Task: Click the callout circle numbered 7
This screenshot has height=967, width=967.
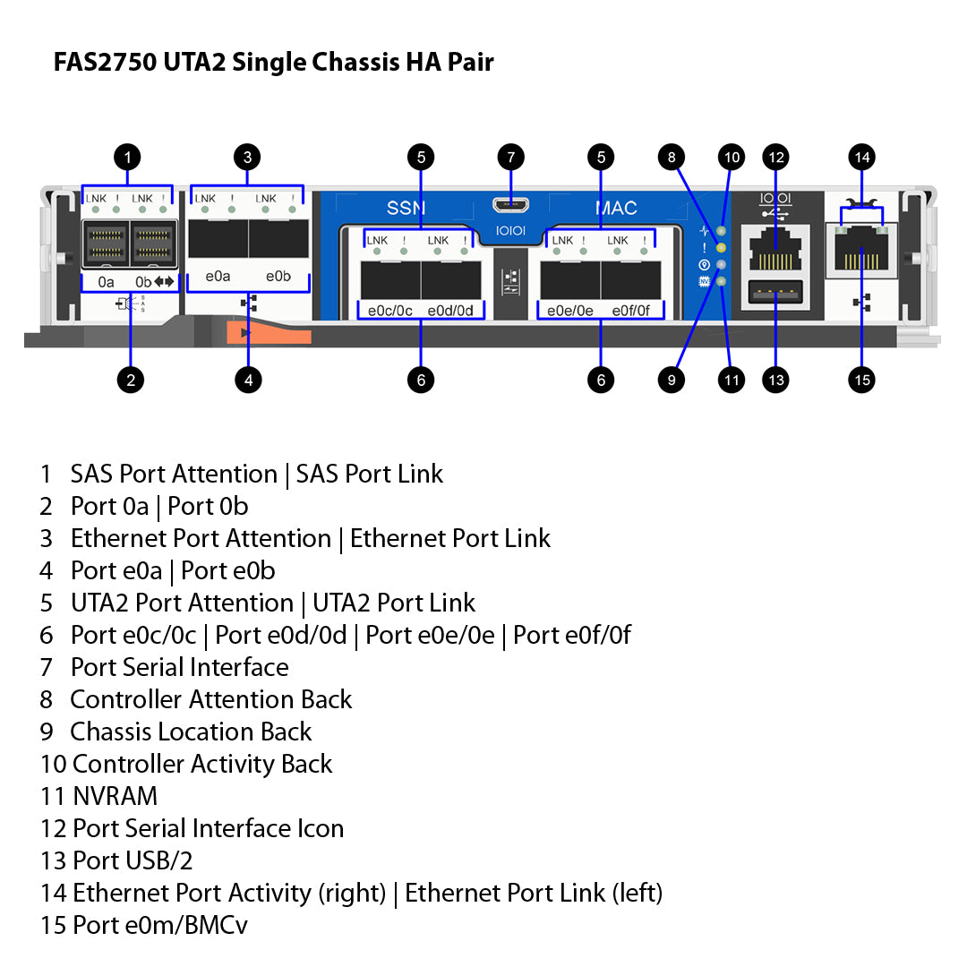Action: pyautogui.click(x=510, y=158)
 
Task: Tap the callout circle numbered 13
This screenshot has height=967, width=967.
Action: pyautogui.click(x=775, y=380)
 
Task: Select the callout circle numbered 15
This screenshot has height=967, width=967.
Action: pyautogui.click(x=861, y=380)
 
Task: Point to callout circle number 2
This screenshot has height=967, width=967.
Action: pyautogui.click(x=131, y=380)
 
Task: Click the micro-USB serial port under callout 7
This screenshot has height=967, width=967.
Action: pyautogui.click(x=510, y=204)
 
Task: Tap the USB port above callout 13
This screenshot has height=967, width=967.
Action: pyautogui.click(x=775, y=291)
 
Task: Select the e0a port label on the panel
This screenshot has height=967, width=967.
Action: pyautogui.click(x=218, y=277)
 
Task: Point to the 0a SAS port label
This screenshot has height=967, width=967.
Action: pyautogui.click(x=107, y=282)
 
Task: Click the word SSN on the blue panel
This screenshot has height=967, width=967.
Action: pyautogui.click(x=406, y=209)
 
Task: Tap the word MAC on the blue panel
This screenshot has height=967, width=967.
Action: pyautogui.click(x=616, y=209)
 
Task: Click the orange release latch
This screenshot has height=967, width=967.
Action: pyautogui.click(x=269, y=333)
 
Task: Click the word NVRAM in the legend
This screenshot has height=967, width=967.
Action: pyautogui.click(x=115, y=796)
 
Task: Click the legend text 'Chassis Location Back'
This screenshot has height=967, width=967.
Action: pyautogui.click(x=191, y=732)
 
